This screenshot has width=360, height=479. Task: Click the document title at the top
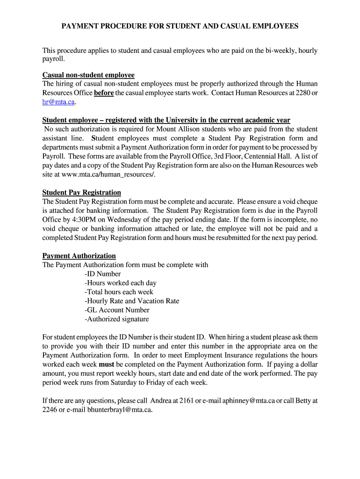180,26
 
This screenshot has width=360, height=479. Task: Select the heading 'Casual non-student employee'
88,75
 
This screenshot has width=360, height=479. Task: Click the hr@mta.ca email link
58,102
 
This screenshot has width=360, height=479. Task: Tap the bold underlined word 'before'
104,93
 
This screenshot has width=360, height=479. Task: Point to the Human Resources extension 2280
304,93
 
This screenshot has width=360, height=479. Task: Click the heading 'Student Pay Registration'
82,192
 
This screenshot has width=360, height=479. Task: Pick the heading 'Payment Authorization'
79,255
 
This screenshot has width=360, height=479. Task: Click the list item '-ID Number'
102,274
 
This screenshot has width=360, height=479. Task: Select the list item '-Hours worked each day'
120,283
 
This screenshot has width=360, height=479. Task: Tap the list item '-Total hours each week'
119,292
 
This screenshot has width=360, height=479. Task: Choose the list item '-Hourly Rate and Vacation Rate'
132,301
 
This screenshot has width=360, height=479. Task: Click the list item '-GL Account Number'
117,310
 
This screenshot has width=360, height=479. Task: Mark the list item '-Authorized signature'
116,319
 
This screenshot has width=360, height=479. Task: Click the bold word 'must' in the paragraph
107,364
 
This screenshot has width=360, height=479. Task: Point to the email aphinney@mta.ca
248,400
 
